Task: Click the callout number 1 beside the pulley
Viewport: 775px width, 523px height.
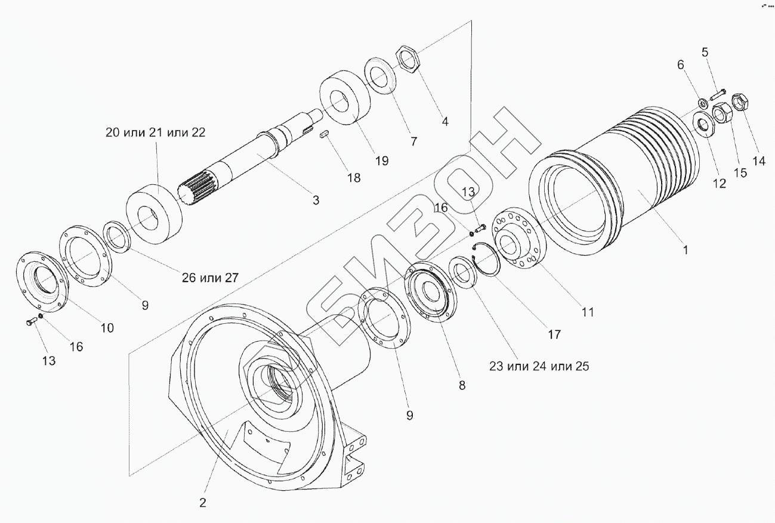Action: click(x=686, y=250)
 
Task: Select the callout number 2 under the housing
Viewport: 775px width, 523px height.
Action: click(x=203, y=503)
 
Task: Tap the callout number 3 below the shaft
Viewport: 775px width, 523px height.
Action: click(x=316, y=200)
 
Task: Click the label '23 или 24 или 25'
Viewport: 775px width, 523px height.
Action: click(x=539, y=366)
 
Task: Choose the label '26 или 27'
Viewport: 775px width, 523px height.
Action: click(x=210, y=277)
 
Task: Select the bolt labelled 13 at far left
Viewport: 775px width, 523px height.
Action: click(x=32, y=322)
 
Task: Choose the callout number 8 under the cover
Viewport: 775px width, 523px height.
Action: click(x=462, y=385)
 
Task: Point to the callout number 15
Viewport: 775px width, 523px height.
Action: click(x=740, y=173)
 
